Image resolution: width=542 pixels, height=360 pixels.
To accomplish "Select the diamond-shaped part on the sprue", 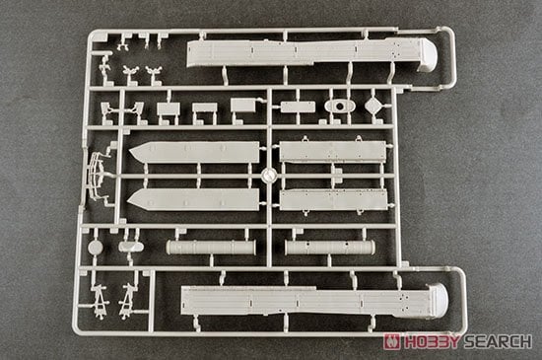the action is [x=373, y=106].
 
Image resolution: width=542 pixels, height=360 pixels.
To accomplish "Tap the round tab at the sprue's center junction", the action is [x=267, y=175].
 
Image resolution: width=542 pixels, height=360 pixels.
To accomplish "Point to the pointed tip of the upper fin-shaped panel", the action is [x=133, y=153].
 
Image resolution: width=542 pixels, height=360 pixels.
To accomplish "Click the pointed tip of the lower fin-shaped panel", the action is [x=133, y=198].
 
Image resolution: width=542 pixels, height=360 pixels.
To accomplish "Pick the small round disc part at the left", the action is [x=95, y=248].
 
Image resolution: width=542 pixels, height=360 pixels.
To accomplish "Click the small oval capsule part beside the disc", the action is [x=128, y=247].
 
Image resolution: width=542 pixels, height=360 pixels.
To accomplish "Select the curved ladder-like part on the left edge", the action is [x=95, y=174].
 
